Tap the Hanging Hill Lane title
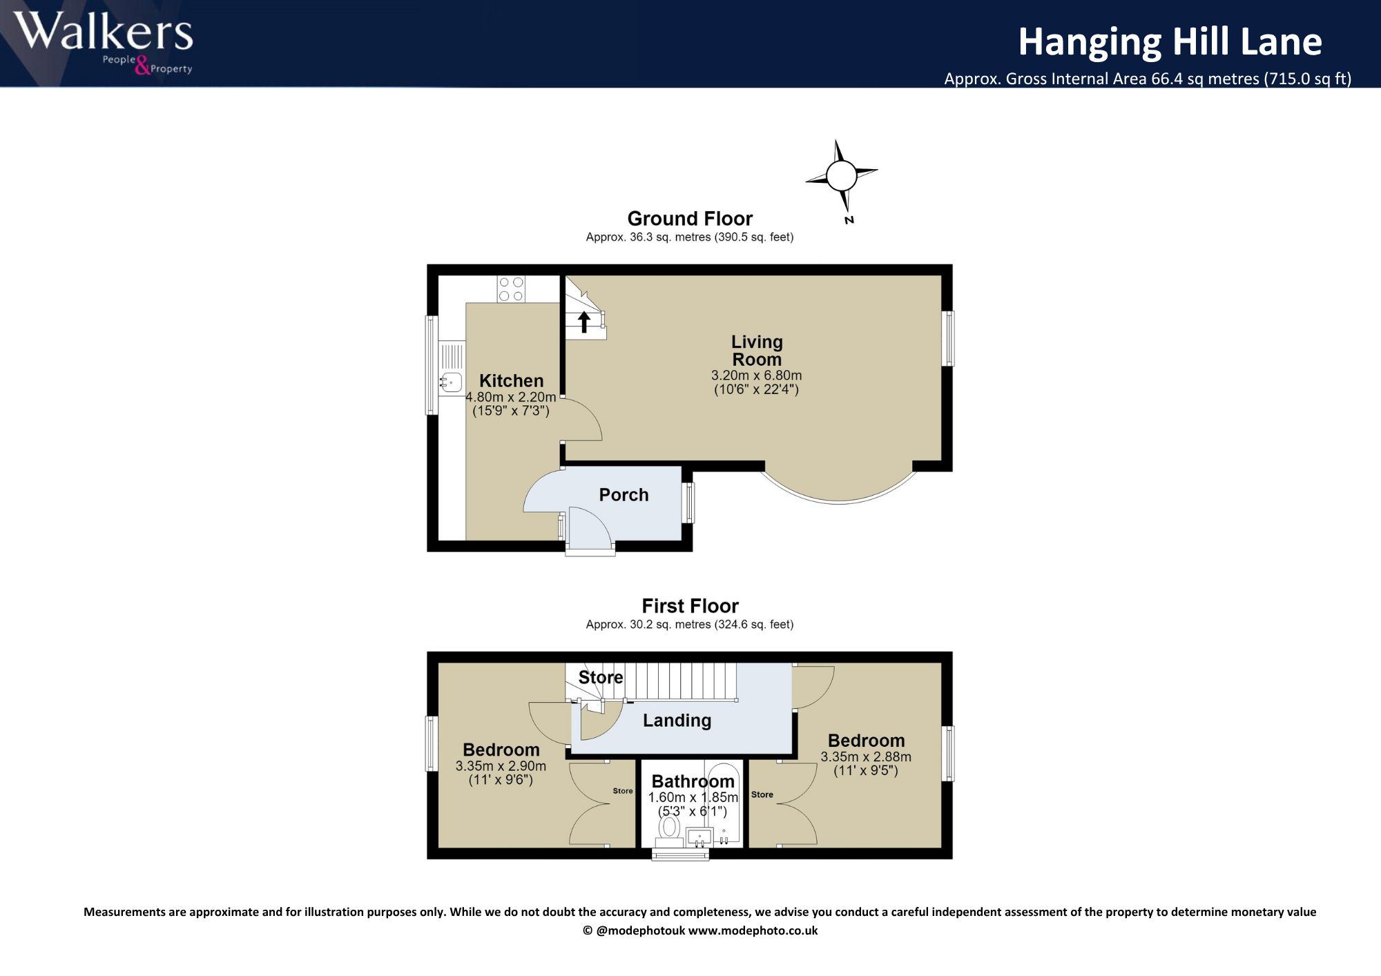point(1170,41)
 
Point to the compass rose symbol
point(842,176)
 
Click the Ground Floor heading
point(690,218)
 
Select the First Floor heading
point(690,605)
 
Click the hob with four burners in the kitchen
point(511,289)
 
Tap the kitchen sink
point(451,382)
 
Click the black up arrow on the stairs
point(584,322)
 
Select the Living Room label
point(757,351)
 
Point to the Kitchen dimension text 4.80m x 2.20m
point(511,397)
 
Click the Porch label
point(624,495)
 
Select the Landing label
point(677,721)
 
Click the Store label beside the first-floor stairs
point(600,677)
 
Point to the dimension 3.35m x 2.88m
point(866,757)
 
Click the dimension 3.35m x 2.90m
point(501,765)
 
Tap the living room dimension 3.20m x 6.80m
point(757,375)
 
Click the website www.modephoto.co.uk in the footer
point(753,930)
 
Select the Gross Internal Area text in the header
point(1148,79)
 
